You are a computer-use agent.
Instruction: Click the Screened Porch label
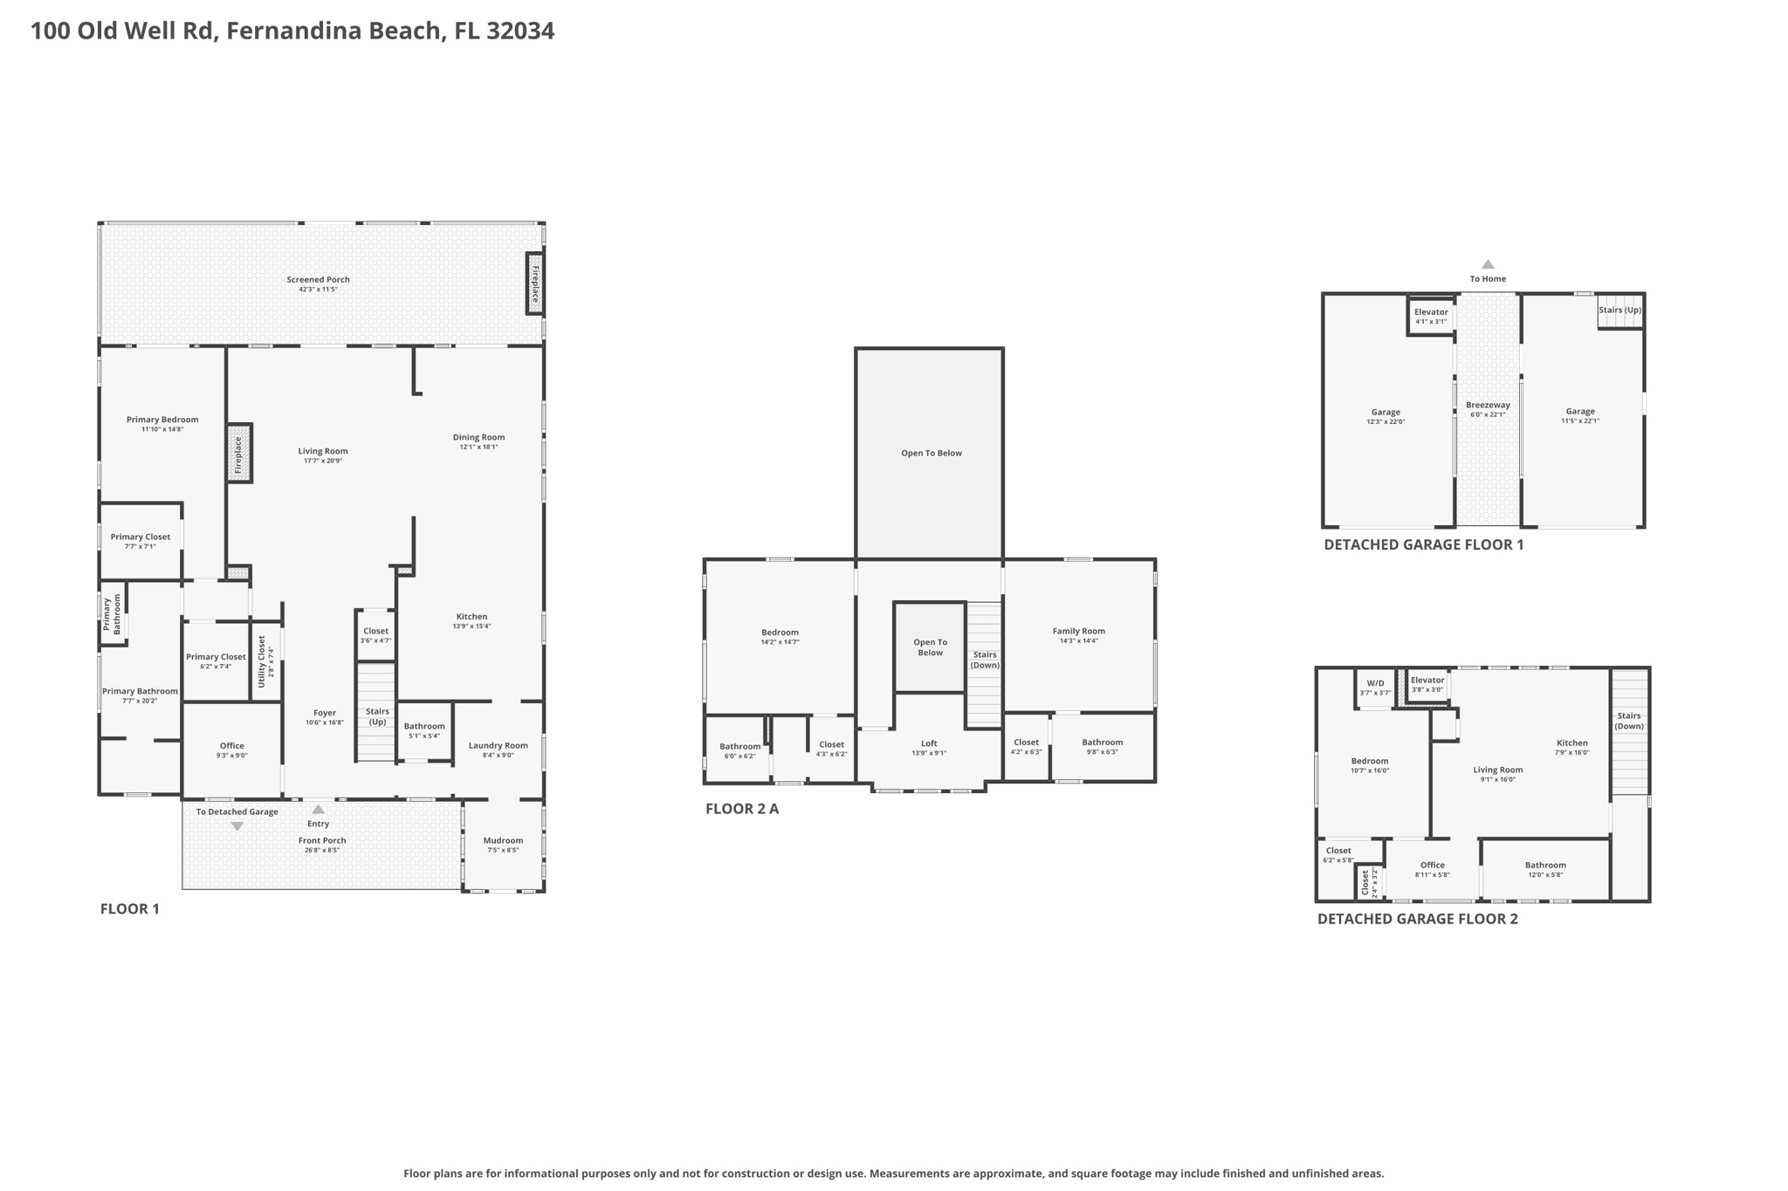(318, 280)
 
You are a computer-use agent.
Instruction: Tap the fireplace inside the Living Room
(238, 454)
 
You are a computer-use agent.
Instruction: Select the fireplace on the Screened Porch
(534, 284)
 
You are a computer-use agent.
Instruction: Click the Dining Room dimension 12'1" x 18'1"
(478, 447)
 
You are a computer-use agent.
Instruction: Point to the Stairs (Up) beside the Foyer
(377, 715)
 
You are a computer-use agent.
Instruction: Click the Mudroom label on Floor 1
(503, 840)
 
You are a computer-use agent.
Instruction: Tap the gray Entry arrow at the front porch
(319, 810)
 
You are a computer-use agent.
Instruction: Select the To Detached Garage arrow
(237, 826)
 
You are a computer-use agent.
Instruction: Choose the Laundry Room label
(498, 745)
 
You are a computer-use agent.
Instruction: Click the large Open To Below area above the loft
(931, 453)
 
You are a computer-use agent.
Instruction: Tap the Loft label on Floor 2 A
(929, 743)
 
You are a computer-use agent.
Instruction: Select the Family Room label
(1078, 631)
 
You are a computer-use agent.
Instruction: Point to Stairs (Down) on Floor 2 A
(985, 660)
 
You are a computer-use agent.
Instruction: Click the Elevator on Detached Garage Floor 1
(1430, 316)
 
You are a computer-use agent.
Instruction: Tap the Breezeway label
(1488, 405)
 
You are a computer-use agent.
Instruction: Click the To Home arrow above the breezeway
(1488, 264)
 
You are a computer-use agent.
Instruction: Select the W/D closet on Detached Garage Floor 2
(1375, 688)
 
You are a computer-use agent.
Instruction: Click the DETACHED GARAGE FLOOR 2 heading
(1417, 919)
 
